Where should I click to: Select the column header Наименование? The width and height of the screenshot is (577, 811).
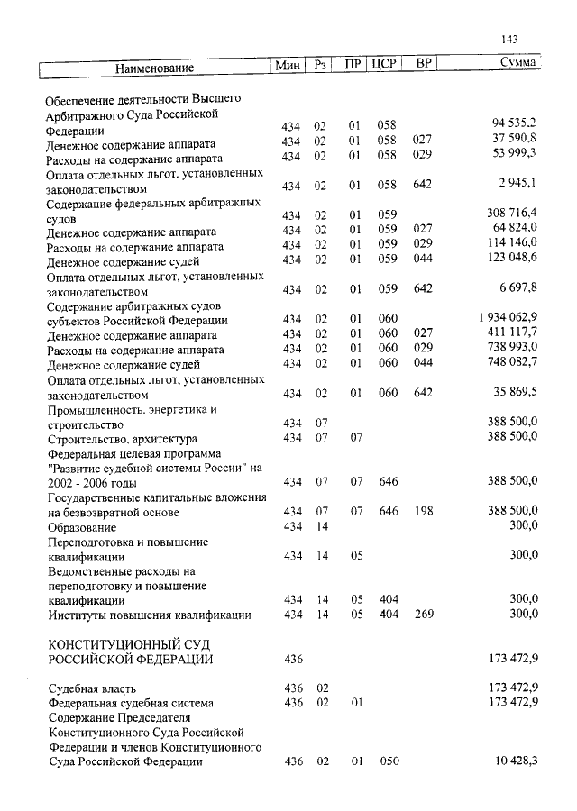[x=154, y=68]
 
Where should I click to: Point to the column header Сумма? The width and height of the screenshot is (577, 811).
[x=519, y=64]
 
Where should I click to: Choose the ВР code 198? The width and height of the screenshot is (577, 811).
[x=423, y=512]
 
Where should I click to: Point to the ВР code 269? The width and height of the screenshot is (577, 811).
[x=423, y=615]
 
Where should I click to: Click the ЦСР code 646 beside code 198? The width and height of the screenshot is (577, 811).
[x=389, y=512]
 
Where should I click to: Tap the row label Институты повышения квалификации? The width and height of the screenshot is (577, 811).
[x=149, y=615]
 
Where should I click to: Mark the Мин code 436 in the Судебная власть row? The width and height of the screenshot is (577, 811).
[x=293, y=689]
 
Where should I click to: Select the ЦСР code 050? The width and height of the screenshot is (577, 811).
[x=389, y=762]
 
